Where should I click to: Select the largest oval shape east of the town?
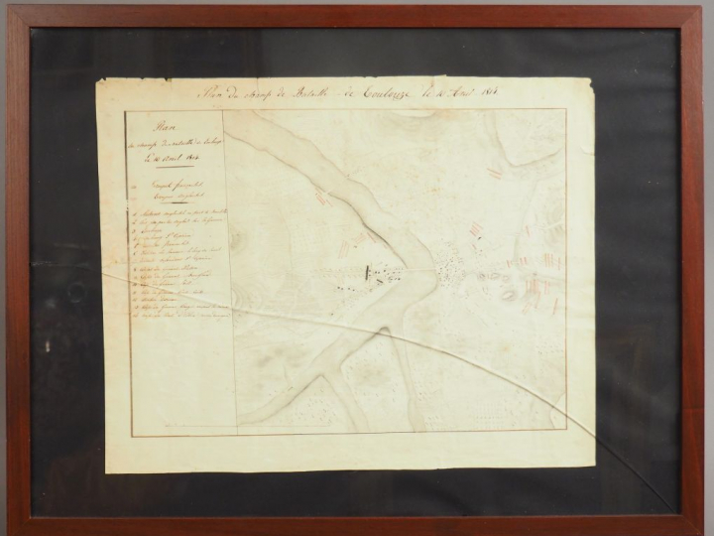point(508,294)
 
